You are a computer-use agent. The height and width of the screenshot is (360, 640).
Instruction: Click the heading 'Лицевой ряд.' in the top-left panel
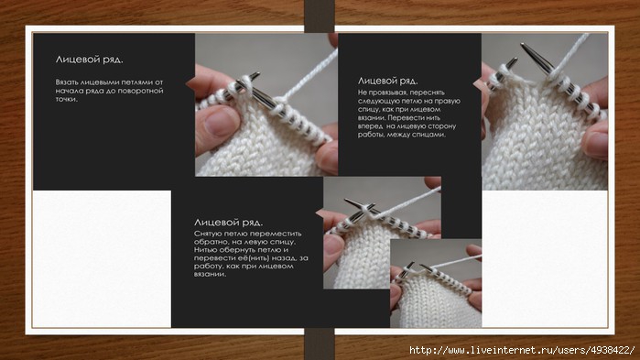point(89,60)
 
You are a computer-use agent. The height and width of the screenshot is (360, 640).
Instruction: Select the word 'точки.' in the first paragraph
point(66,99)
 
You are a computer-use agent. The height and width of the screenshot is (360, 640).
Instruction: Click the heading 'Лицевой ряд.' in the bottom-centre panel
point(228,223)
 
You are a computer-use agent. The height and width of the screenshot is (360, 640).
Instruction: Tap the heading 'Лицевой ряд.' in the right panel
point(387,81)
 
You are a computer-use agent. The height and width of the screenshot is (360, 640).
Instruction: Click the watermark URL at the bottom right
point(522,350)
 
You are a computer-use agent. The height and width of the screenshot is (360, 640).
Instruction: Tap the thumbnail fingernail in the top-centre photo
point(220,123)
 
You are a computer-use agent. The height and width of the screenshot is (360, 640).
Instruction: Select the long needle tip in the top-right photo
point(526,49)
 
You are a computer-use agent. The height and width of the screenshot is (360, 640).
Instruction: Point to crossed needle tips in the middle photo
point(364,206)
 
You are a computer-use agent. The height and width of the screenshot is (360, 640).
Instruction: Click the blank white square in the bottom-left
point(102,258)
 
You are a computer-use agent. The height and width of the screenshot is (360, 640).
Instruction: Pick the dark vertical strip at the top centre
point(320,16)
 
